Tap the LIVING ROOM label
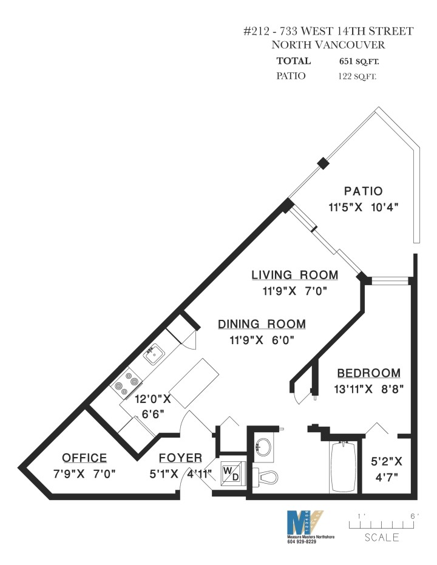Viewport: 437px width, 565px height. coord(295,276)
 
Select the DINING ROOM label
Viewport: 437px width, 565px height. coord(262,324)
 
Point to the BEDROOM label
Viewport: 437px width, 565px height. coord(368,373)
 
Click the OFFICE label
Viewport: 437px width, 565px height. coord(84,458)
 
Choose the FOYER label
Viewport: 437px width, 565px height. coord(180,458)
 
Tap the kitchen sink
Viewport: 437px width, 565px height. coord(153,352)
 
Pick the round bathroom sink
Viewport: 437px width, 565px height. coord(263,447)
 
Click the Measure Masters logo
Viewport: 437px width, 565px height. coord(305,524)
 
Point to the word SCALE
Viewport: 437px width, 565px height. coord(382,537)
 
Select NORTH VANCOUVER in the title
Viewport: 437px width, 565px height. coord(328,45)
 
